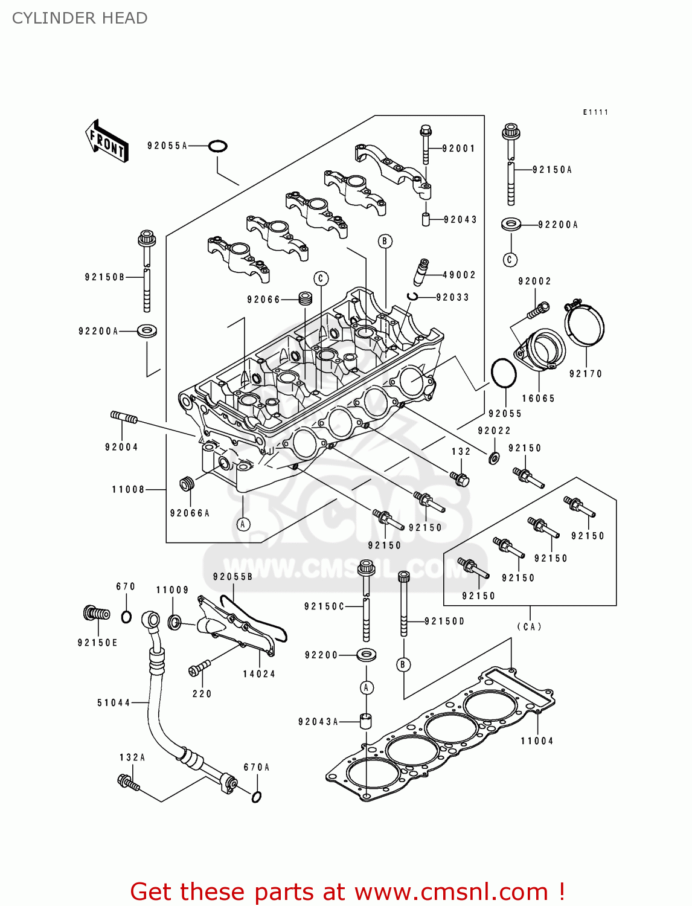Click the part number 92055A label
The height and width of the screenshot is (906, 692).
(167, 146)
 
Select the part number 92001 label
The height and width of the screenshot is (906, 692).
(458, 149)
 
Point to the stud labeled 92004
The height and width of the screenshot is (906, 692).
(124, 417)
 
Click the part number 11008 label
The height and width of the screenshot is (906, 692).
(128, 489)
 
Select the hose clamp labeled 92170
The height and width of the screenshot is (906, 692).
(585, 323)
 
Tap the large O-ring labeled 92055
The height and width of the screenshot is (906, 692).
(503, 373)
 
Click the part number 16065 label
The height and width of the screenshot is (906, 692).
(538, 398)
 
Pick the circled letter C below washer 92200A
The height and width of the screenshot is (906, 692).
(510, 260)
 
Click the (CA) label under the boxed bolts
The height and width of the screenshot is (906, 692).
(529, 626)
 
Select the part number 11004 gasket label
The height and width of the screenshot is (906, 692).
(537, 741)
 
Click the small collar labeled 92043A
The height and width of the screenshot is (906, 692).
(366, 721)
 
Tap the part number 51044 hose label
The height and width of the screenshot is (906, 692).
(114, 702)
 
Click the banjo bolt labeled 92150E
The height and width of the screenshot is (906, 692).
(97, 614)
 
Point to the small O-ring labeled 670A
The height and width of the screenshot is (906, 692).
(256, 797)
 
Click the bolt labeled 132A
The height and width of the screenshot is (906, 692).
(129, 783)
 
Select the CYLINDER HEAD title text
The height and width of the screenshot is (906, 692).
(80, 18)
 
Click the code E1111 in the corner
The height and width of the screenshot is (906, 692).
(595, 112)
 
